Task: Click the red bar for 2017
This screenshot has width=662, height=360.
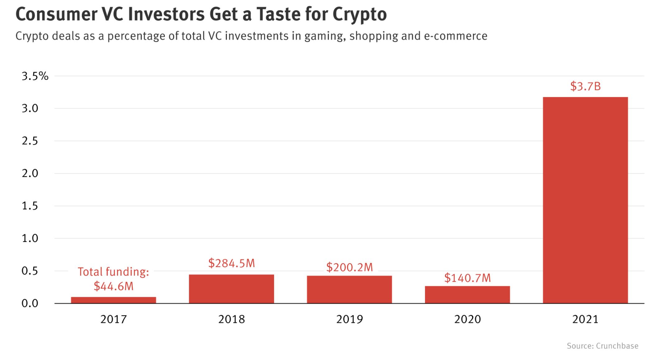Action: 113,300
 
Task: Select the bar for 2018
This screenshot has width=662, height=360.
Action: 231,289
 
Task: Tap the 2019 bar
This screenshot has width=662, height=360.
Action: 349,289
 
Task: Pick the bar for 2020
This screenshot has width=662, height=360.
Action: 467,294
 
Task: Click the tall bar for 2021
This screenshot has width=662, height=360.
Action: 585,200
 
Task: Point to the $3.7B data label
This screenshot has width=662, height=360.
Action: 585,86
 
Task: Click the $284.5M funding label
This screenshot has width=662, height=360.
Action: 231,263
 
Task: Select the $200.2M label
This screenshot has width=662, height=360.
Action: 349,267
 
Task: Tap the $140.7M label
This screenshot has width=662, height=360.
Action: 467,278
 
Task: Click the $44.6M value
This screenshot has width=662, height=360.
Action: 114,286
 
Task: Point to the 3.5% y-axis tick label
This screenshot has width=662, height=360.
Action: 35,76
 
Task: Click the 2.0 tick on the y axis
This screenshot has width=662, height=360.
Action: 30,173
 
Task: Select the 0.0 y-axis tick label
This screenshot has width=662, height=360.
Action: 30,303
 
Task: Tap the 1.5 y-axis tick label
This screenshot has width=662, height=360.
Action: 30,206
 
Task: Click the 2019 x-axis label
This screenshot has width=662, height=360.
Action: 349,319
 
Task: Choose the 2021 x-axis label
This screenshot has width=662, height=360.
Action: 585,319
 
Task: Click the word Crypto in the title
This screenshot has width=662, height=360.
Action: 359,14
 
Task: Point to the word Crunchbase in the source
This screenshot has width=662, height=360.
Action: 617,346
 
